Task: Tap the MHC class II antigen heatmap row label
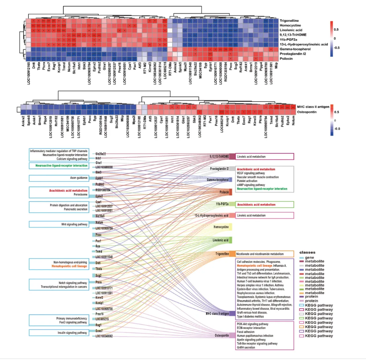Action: click(314, 106)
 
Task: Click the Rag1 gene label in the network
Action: click(99, 324)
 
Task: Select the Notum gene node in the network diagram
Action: click(99, 222)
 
